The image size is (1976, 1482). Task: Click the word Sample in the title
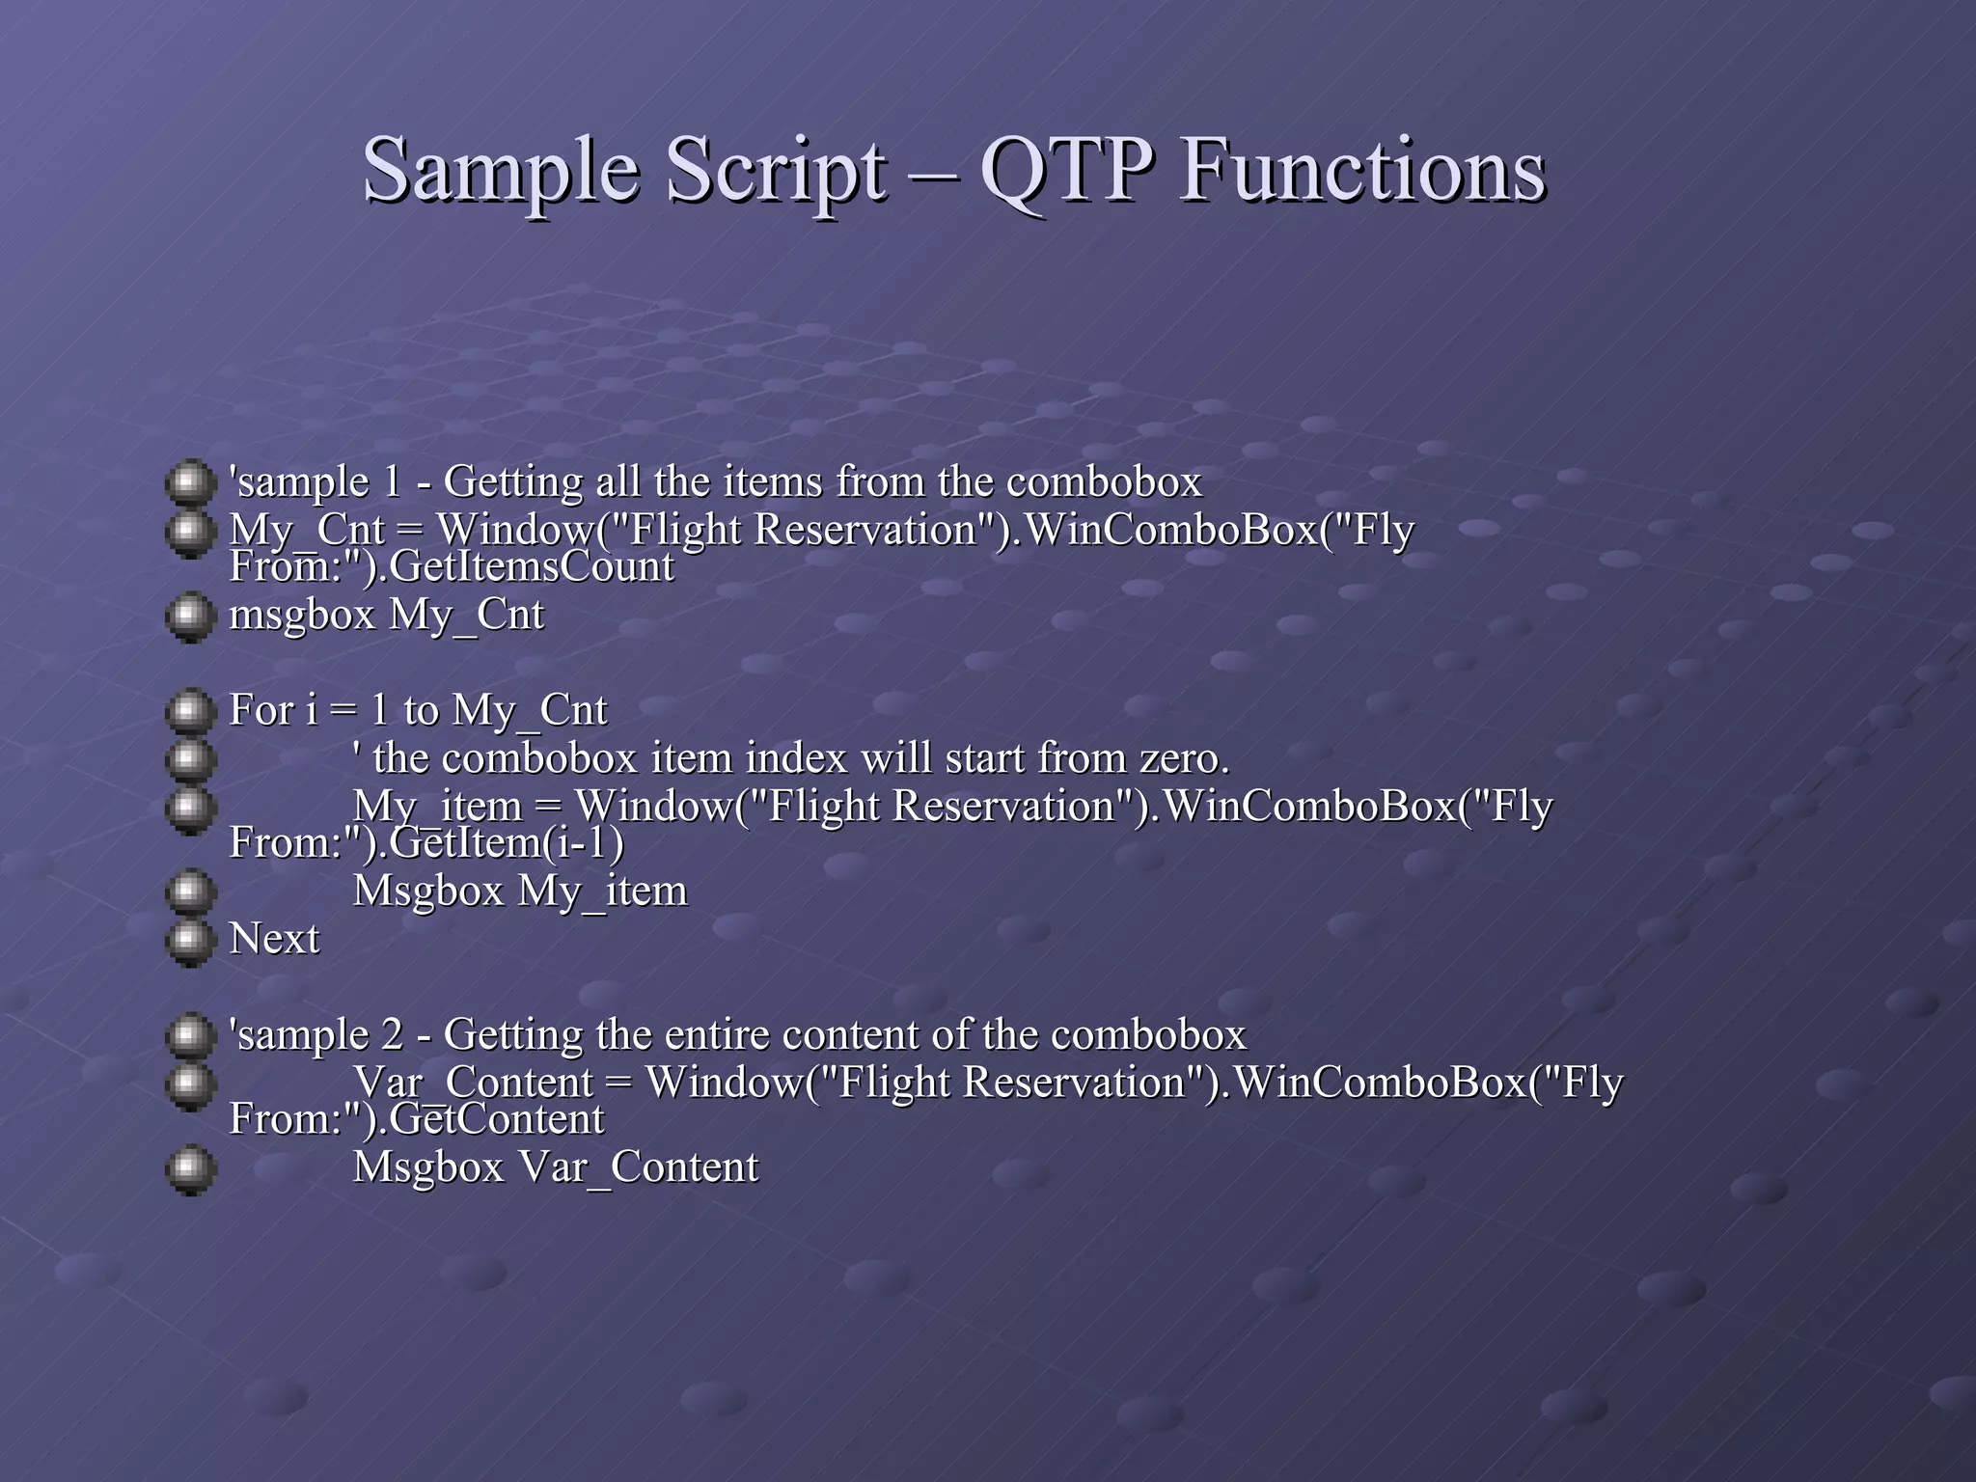[x=500, y=172]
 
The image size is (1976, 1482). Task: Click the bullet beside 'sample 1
[x=190, y=482]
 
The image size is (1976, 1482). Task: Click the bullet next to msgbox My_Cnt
[x=190, y=617]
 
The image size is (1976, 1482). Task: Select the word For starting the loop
[x=261, y=711]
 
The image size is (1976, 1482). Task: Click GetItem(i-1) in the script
[x=507, y=843]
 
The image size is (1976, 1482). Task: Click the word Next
[x=274, y=939]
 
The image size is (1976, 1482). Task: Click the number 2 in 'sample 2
[x=392, y=1035]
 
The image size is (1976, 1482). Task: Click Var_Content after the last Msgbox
[x=639, y=1167]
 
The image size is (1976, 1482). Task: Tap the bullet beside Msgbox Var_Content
[x=190, y=1169]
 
